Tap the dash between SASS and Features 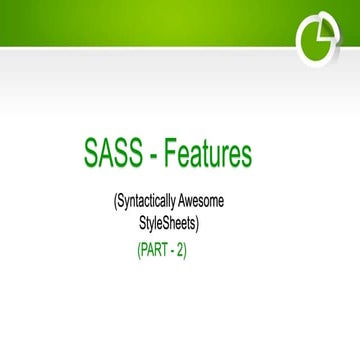148,158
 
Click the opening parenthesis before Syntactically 116,203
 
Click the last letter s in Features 247,157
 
